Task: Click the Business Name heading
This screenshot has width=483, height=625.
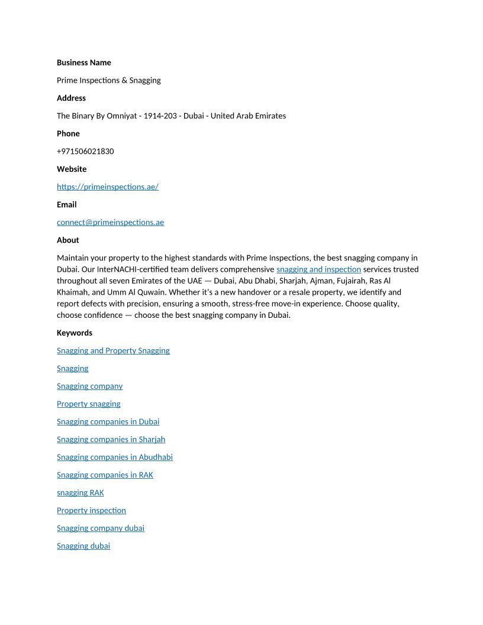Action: pyautogui.click(x=83, y=63)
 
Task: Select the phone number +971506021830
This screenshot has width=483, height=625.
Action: pyautogui.click(x=85, y=152)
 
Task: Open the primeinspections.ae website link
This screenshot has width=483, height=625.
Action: pyautogui.click(x=108, y=187)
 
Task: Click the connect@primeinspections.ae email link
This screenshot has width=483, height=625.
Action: pyautogui.click(x=110, y=223)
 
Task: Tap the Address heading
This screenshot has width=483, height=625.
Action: pyautogui.click(x=71, y=98)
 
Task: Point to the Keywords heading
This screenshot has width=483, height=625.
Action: pyautogui.click(x=75, y=333)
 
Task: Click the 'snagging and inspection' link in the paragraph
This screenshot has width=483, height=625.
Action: pyautogui.click(x=318, y=269)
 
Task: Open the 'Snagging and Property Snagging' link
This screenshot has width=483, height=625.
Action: pyautogui.click(x=113, y=350)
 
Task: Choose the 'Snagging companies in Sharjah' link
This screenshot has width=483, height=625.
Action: pyautogui.click(x=111, y=439)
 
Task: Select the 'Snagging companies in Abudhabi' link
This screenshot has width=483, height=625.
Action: pyautogui.click(x=115, y=457)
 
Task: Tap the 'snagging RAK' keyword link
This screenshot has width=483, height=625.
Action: pyautogui.click(x=80, y=492)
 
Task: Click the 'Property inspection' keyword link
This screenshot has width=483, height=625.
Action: pyautogui.click(x=91, y=510)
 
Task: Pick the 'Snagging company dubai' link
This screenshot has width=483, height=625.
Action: pyautogui.click(x=101, y=528)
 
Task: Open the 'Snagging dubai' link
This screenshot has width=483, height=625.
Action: pyautogui.click(x=83, y=546)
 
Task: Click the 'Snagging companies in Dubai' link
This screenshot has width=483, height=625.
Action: pyautogui.click(x=108, y=421)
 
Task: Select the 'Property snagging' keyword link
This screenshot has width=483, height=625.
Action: pyautogui.click(x=88, y=404)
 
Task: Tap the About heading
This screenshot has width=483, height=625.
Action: pyautogui.click(x=67, y=240)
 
